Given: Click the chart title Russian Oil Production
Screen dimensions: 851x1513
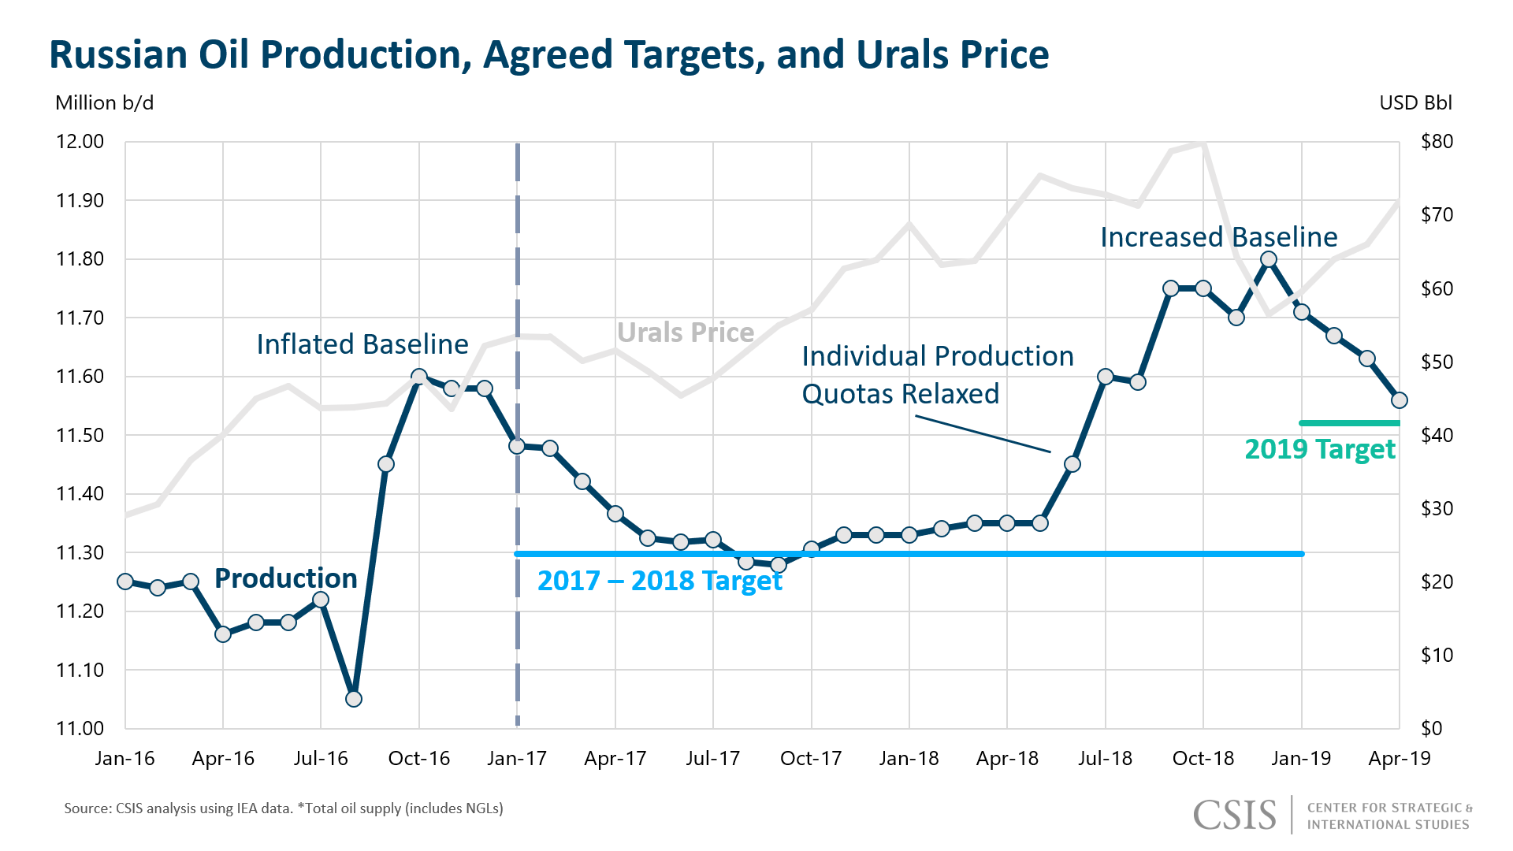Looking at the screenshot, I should [548, 55].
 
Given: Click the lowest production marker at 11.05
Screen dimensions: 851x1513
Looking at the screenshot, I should [354, 699].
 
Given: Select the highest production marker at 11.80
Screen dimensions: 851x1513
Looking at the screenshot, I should [1269, 259].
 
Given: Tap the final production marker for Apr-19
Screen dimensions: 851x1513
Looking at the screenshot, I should [1400, 400].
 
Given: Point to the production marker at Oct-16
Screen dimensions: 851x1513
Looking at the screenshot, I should [419, 377].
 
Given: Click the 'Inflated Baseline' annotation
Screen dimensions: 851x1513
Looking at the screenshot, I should [362, 344].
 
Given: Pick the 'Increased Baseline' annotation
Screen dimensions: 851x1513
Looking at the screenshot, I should [1218, 237].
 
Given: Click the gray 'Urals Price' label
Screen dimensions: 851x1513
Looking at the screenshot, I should [685, 333].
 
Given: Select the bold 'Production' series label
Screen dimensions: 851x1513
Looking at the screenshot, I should [285, 578].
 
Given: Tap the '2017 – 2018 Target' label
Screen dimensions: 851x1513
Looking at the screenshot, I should [660, 581].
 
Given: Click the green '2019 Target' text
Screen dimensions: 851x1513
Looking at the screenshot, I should [1319, 449].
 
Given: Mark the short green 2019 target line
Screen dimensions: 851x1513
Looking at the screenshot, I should [1349, 423].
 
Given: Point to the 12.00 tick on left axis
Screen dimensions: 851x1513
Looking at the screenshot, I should [80, 142].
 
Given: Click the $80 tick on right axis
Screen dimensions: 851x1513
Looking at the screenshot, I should [1436, 142].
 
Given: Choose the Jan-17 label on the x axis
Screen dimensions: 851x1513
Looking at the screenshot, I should [517, 759].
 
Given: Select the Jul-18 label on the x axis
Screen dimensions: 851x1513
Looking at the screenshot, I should [1105, 759].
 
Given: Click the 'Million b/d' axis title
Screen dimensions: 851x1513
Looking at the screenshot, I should [104, 103].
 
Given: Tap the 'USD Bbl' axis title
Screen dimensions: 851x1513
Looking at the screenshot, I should [1415, 103].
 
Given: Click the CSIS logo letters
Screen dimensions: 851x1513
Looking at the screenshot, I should [1234, 815].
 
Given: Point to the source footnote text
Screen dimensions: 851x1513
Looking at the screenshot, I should [284, 808].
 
